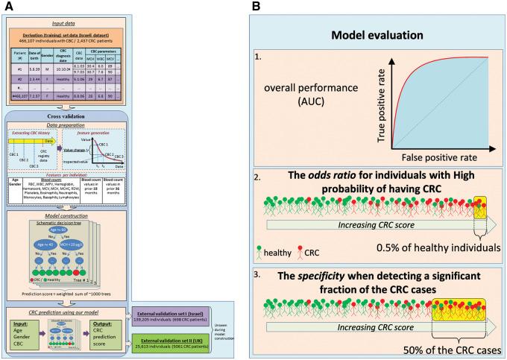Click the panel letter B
pos(256,6)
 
